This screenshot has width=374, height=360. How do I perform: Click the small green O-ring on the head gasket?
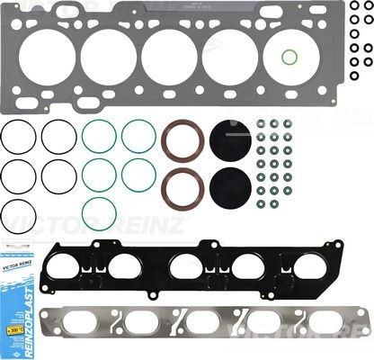click(x=289, y=58)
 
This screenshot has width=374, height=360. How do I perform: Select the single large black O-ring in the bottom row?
click(x=19, y=216)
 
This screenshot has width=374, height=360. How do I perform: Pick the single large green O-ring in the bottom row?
click(x=99, y=212)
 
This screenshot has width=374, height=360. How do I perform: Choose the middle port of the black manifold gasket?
click(x=189, y=267)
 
